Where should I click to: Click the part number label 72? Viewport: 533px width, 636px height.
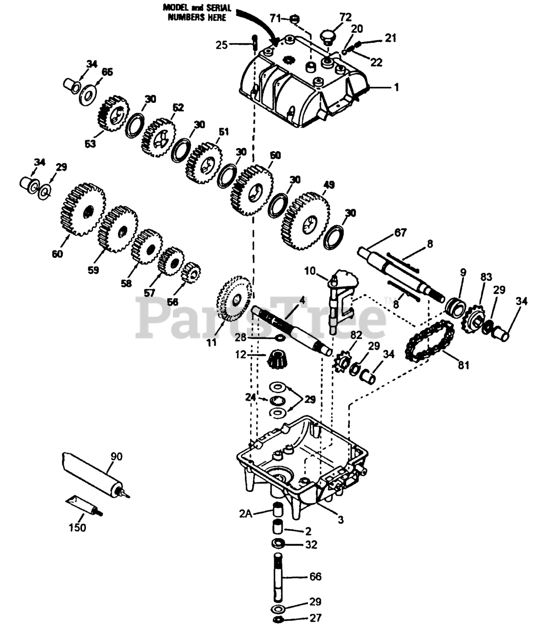coord(345,17)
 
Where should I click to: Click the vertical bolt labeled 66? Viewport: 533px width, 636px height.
coord(279,576)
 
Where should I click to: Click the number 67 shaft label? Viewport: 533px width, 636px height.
coord(400,233)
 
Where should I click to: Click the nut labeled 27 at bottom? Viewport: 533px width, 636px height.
coord(279,619)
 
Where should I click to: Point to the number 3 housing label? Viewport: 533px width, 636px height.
coord(340,520)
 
